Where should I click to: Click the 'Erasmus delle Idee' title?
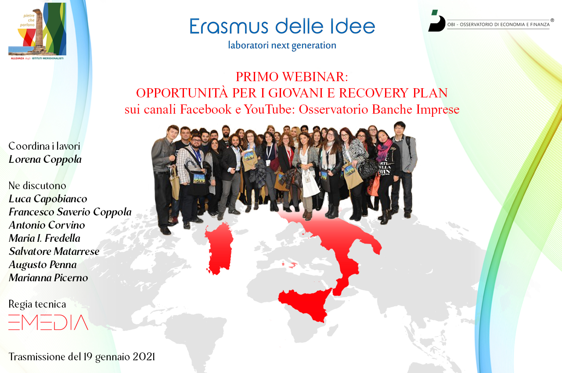tap(282, 26)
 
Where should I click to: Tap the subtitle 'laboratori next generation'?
tap(282, 45)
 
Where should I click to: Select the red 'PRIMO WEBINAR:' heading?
tap(292, 77)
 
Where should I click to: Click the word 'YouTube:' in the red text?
tap(270, 109)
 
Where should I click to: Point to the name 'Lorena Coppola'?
tap(45, 159)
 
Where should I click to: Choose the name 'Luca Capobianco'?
tap(48, 199)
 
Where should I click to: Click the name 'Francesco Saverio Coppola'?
tap(70, 212)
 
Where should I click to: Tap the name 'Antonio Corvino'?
tap(47, 225)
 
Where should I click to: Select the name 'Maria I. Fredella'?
tap(44, 238)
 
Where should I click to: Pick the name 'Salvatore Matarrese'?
tap(54, 251)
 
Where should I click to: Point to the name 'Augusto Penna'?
tap(43, 265)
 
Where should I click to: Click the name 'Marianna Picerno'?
tap(48, 278)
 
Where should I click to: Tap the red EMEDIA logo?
tap(48, 323)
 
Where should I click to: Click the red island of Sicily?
tap(305, 305)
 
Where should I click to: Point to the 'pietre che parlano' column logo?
tap(37, 31)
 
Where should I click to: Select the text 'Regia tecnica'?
tap(37, 304)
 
